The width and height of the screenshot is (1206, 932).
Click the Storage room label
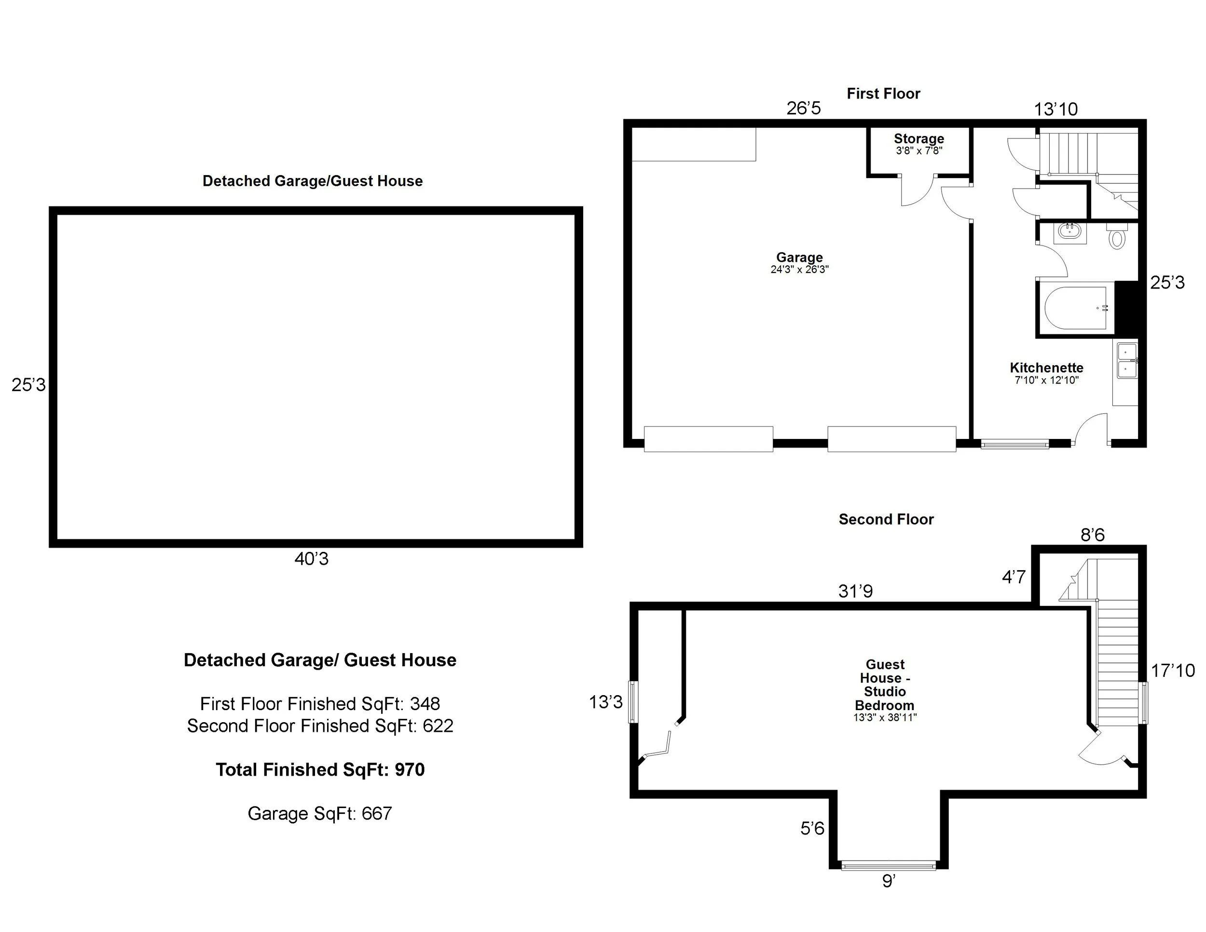(x=918, y=138)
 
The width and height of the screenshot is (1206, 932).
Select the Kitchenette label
(x=1046, y=368)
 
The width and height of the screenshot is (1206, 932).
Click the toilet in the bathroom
(x=1117, y=237)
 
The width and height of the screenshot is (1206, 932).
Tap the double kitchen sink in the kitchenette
(x=1126, y=360)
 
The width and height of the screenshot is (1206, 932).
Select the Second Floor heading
(x=886, y=519)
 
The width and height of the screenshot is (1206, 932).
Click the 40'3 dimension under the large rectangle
(x=312, y=559)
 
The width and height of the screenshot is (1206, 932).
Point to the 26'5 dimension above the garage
(x=804, y=108)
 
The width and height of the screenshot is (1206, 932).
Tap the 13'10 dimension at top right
(x=1055, y=110)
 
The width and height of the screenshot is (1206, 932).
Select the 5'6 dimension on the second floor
(x=812, y=828)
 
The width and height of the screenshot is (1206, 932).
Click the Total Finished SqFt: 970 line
(x=320, y=770)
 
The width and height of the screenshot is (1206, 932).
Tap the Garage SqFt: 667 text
(x=320, y=813)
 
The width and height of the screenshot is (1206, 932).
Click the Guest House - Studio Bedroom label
(x=885, y=685)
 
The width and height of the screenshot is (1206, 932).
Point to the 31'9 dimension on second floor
(x=855, y=591)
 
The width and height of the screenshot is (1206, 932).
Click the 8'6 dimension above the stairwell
(x=1092, y=535)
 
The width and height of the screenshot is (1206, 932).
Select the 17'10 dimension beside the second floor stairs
(x=1172, y=671)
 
